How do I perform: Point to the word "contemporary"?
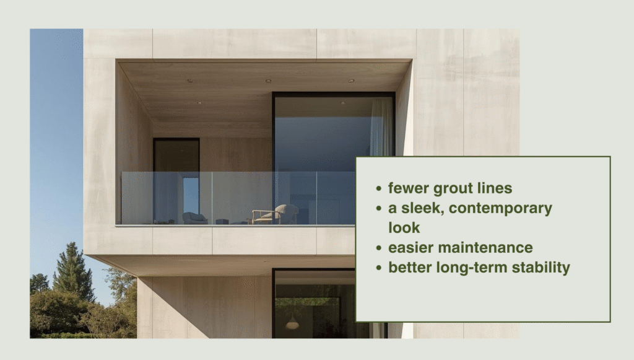pos(500,208)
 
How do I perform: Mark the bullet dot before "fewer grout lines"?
pos(378,188)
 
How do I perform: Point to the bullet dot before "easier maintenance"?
pos(378,248)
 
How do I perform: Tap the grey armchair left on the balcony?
pos(194,217)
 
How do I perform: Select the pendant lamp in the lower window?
pos(292,323)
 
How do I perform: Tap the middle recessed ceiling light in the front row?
pos(268,81)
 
